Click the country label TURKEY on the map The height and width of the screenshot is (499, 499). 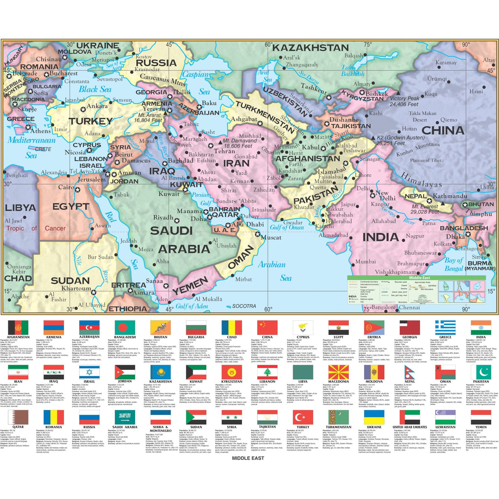click(x=90, y=121)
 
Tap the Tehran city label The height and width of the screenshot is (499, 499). click(x=224, y=151)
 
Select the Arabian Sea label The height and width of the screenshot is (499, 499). click(x=272, y=271)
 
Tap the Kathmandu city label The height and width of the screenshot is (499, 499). click(x=450, y=196)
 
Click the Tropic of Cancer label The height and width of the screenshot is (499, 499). click(x=36, y=229)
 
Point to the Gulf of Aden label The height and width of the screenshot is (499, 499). click(x=192, y=306)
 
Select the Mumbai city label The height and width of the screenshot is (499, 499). click(x=365, y=261)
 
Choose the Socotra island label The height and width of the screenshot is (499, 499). click(x=244, y=306)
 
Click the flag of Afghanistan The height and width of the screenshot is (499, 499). click(x=18, y=328)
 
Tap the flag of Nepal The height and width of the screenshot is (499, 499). click(x=409, y=372)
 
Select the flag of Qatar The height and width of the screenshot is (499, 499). click(x=18, y=418)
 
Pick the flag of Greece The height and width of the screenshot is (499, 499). click(x=445, y=328)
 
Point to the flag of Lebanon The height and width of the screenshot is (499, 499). click(x=267, y=372)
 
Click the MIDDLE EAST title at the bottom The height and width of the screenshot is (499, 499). click(x=248, y=457)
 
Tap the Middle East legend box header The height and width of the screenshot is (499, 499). click(x=419, y=278)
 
